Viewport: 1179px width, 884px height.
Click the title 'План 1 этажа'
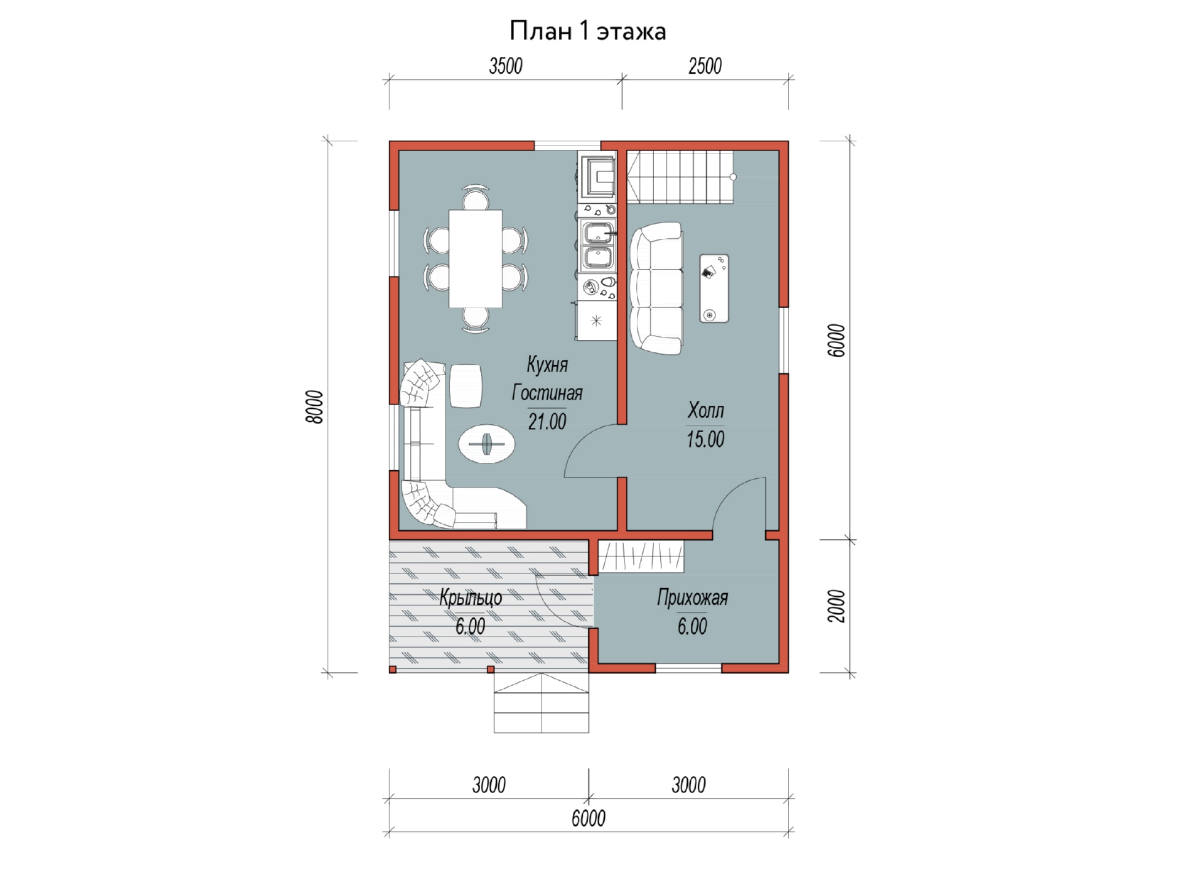[588, 31]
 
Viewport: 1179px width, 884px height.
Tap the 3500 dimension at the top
[505, 66]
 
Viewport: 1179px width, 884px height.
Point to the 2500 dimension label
[705, 66]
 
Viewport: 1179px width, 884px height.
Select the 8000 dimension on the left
[314, 406]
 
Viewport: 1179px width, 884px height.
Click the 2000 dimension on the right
[836, 606]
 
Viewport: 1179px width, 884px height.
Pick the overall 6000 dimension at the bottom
[588, 818]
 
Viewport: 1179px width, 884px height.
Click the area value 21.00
[547, 422]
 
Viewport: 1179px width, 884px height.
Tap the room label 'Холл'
[706, 410]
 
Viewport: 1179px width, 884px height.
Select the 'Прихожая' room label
[693, 598]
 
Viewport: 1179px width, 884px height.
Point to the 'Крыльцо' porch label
[470, 598]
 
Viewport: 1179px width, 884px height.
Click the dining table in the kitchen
[475, 258]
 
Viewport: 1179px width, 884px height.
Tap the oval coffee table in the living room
[486, 443]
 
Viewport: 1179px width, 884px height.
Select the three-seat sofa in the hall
[656, 288]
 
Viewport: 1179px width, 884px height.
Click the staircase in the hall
[680, 177]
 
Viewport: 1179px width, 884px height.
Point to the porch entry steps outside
[541, 703]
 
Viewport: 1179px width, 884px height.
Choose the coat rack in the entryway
[640, 556]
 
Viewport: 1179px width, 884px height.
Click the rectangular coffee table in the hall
[714, 288]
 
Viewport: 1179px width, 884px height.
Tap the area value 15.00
[706, 440]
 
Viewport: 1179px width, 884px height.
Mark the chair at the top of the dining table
[475, 197]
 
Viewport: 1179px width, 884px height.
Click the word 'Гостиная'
[547, 393]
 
